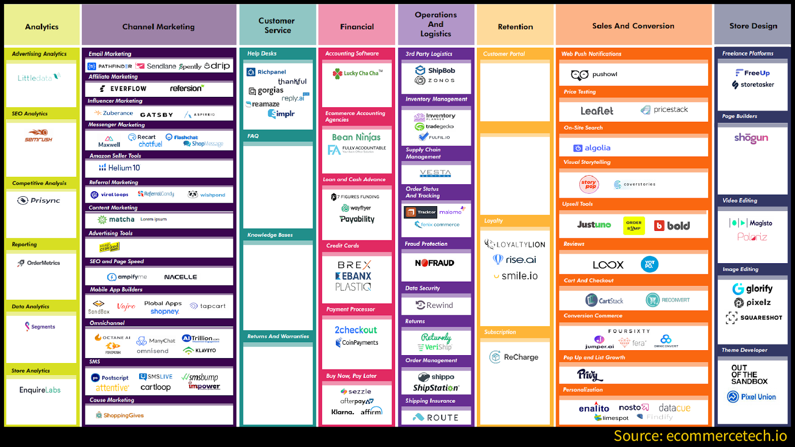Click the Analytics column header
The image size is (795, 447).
[x=42, y=27]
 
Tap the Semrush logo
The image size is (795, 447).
[x=39, y=136]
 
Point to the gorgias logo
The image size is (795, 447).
[x=266, y=90]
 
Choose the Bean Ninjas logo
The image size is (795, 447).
[x=356, y=137]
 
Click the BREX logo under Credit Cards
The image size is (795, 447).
[x=354, y=265]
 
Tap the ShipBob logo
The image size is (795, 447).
[x=435, y=71]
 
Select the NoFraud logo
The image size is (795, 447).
[x=435, y=263]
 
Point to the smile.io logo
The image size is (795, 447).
[x=516, y=276]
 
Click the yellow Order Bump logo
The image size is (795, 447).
[x=634, y=225]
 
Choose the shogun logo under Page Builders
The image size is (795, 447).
[x=751, y=138]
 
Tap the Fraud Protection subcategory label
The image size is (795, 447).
[x=426, y=244]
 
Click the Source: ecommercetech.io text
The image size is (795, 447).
[x=700, y=436]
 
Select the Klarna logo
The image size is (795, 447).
[x=343, y=412]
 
